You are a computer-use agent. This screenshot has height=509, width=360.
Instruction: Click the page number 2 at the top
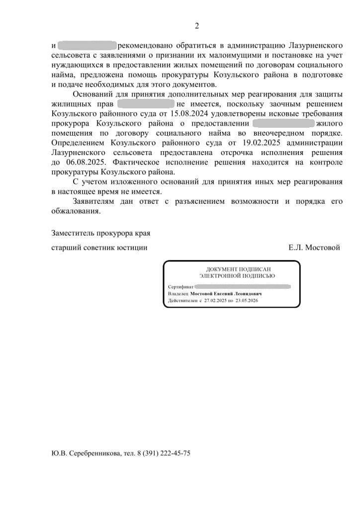point(196,26)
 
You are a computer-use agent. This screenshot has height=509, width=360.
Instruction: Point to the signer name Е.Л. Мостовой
point(314,248)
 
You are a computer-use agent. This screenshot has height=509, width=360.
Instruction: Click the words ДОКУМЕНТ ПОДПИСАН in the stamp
point(237,269)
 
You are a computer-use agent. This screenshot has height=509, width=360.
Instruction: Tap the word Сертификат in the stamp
point(180,287)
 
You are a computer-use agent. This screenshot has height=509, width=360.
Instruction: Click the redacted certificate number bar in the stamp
point(242,287)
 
